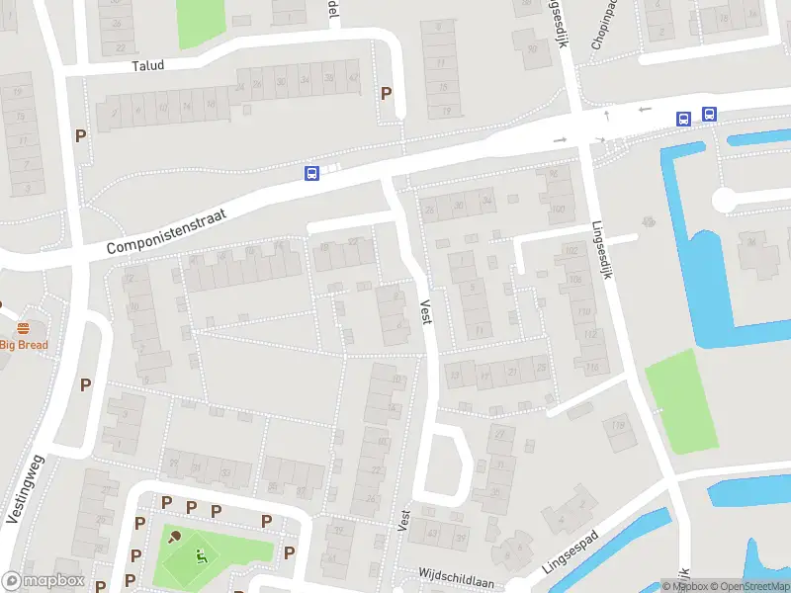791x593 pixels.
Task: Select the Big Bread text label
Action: pos(24,345)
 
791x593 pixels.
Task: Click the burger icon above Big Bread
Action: pos(23,328)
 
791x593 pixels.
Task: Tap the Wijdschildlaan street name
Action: pos(457,577)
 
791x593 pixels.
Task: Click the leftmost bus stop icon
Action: pos(311,174)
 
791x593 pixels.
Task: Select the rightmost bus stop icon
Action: pos(709,114)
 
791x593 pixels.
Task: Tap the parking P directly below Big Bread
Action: pos(85,385)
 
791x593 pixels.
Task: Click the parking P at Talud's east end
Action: pos(387,94)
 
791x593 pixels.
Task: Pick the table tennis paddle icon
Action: pos(175,538)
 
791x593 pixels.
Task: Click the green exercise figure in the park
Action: pos(202,555)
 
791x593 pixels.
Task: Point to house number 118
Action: pos(619,426)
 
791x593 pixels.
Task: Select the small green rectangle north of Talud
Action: pos(201,22)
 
